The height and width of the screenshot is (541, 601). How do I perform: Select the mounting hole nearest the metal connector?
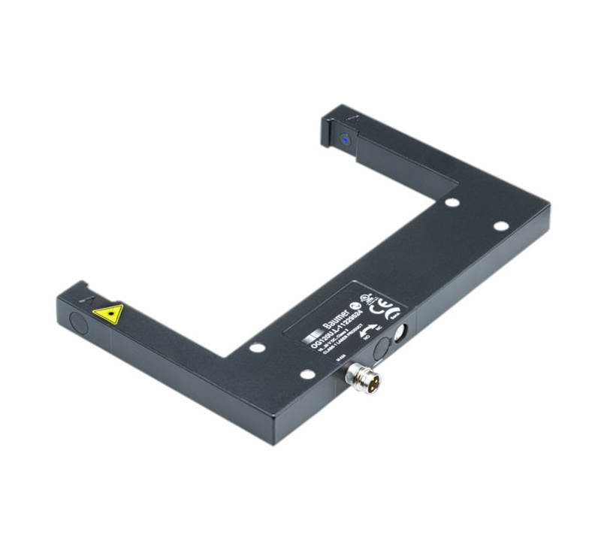tap(307, 373)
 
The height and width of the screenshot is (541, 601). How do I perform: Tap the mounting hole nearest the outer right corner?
tap(500, 226)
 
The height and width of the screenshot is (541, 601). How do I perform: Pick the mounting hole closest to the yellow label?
tap(257, 347)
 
